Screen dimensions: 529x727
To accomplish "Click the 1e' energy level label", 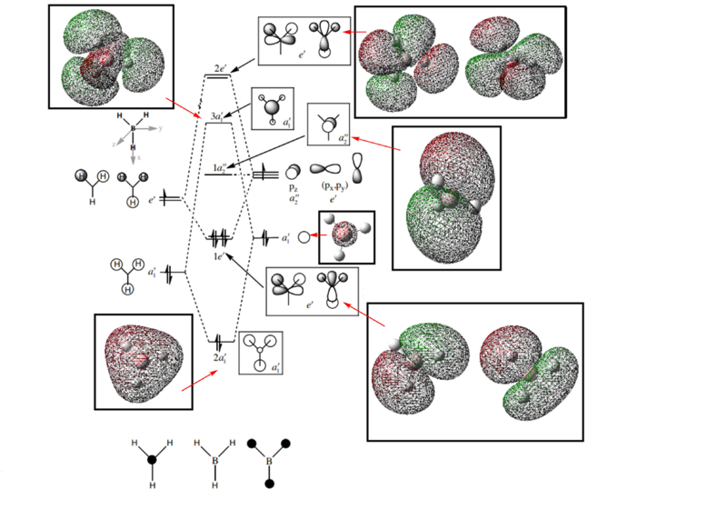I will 219,256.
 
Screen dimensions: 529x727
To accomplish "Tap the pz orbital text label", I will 294,186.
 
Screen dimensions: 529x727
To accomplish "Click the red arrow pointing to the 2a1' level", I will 199,378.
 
